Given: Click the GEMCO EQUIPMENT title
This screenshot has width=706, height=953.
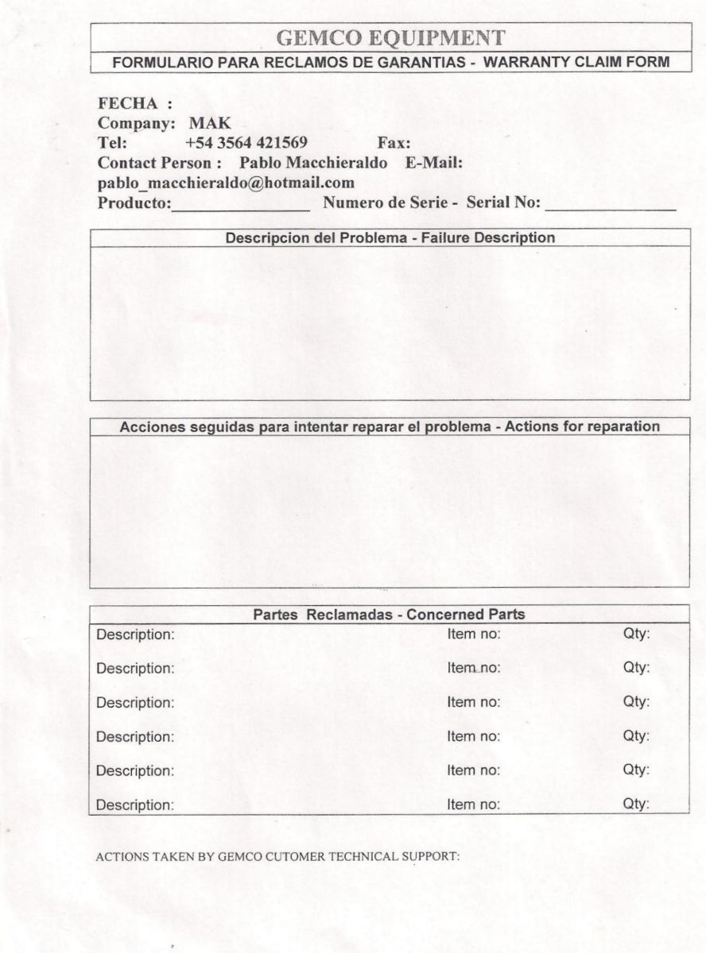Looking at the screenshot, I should pyautogui.click(x=390, y=37).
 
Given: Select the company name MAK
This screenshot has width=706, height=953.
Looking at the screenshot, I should pyautogui.click(x=210, y=124).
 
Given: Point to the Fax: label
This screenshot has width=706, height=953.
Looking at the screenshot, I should pyautogui.click(x=394, y=144).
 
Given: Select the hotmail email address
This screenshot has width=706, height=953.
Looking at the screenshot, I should pyautogui.click(x=226, y=183).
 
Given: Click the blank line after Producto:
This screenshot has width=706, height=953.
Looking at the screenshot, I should pyautogui.click(x=241, y=205).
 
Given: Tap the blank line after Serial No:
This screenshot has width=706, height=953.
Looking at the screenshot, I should pyautogui.click(x=610, y=205).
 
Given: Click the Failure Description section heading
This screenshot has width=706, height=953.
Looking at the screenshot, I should pyautogui.click(x=390, y=237).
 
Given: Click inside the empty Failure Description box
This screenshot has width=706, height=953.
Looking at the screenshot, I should pyautogui.click(x=390, y=322).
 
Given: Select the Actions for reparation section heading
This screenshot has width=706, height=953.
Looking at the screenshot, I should pyautogui.click(x=390, y=426).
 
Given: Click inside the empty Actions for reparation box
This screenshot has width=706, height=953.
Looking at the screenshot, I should pyautogui.click(x=390, y=511).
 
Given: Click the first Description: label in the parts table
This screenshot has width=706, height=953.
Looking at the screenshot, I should pyautogui.click(x=134, y=635).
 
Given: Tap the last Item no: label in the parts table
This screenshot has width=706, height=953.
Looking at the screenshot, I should pyautogui.click(x=474, y=804).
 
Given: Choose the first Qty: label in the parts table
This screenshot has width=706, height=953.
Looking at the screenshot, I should pyautogui.click(x=636, y=635).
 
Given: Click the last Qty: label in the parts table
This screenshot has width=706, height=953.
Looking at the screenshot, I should pyautogui.click(x=636, y=804).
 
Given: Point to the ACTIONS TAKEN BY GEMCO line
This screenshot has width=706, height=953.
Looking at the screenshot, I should pyautogui.click(x=277, y=857).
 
